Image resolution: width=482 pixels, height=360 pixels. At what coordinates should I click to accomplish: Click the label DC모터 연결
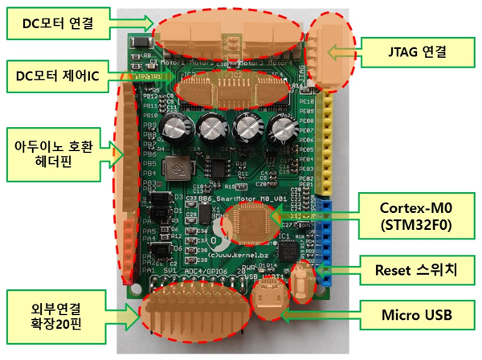[55, 23]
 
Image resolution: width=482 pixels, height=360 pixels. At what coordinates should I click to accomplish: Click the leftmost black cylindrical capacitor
[175, 127]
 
